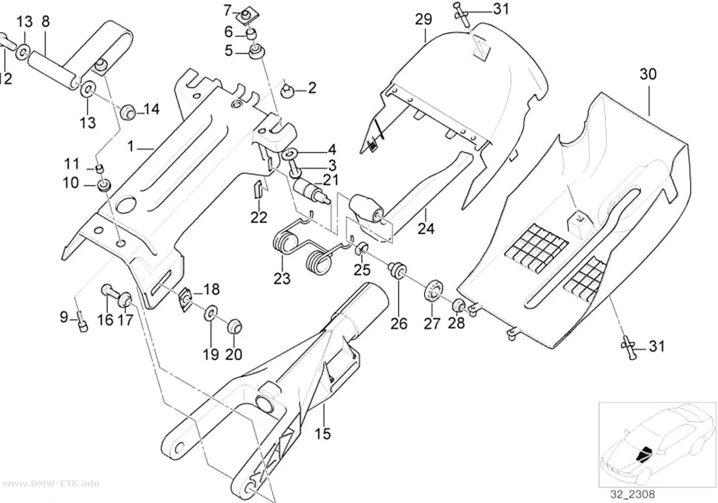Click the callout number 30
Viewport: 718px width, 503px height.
pyautogui.click(x=648, y=74)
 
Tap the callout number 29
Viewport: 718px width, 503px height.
pyautogui.click(x=423, y=19)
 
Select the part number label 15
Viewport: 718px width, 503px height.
pyautogui.click(x=323, y=433)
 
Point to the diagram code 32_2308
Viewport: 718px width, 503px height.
pyautogui.click(x=632, y=494)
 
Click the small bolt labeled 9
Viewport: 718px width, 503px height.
pyautogui.click(x=81, y=321)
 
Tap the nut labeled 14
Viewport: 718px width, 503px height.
pyautogui.click(x=127, y=111)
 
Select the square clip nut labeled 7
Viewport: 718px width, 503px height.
pyautogui.click(x=246, y=16)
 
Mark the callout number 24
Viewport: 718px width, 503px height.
pyautogui.click(x=425, y=228)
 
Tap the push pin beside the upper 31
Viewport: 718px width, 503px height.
pyautogui.click(x=462, y=12)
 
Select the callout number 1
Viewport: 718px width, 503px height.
pyautogui.click(x=131, y=146)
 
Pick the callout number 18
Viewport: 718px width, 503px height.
pyautogui.click(x=211, y=289)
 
